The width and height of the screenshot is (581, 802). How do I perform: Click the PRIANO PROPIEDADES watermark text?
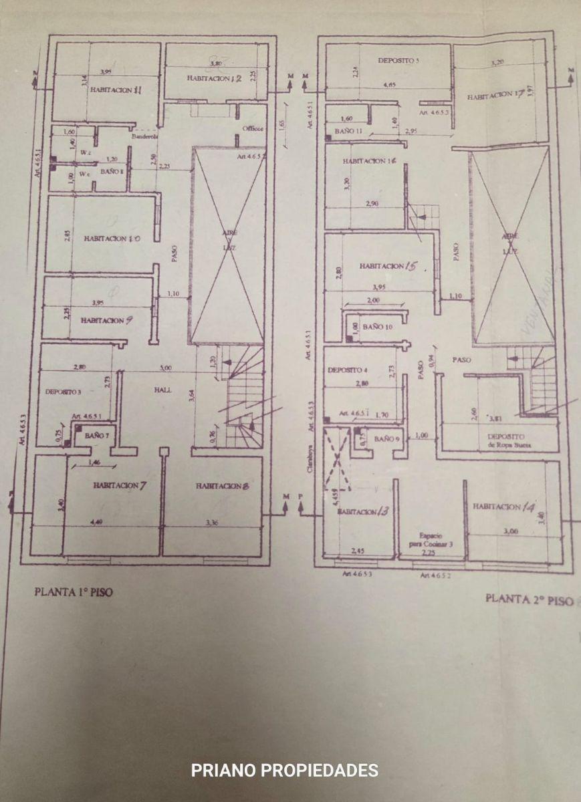pos(284,771)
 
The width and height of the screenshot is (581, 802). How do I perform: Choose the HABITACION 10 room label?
pos(112,238)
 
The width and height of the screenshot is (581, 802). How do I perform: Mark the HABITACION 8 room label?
pos(223,487)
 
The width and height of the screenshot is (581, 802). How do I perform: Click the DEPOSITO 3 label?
pos(63,392)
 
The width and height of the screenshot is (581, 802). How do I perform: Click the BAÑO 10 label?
pos(379,327)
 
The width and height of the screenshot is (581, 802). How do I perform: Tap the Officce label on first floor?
pos(253,128)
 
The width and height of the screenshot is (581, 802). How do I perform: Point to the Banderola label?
pos(145,136)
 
